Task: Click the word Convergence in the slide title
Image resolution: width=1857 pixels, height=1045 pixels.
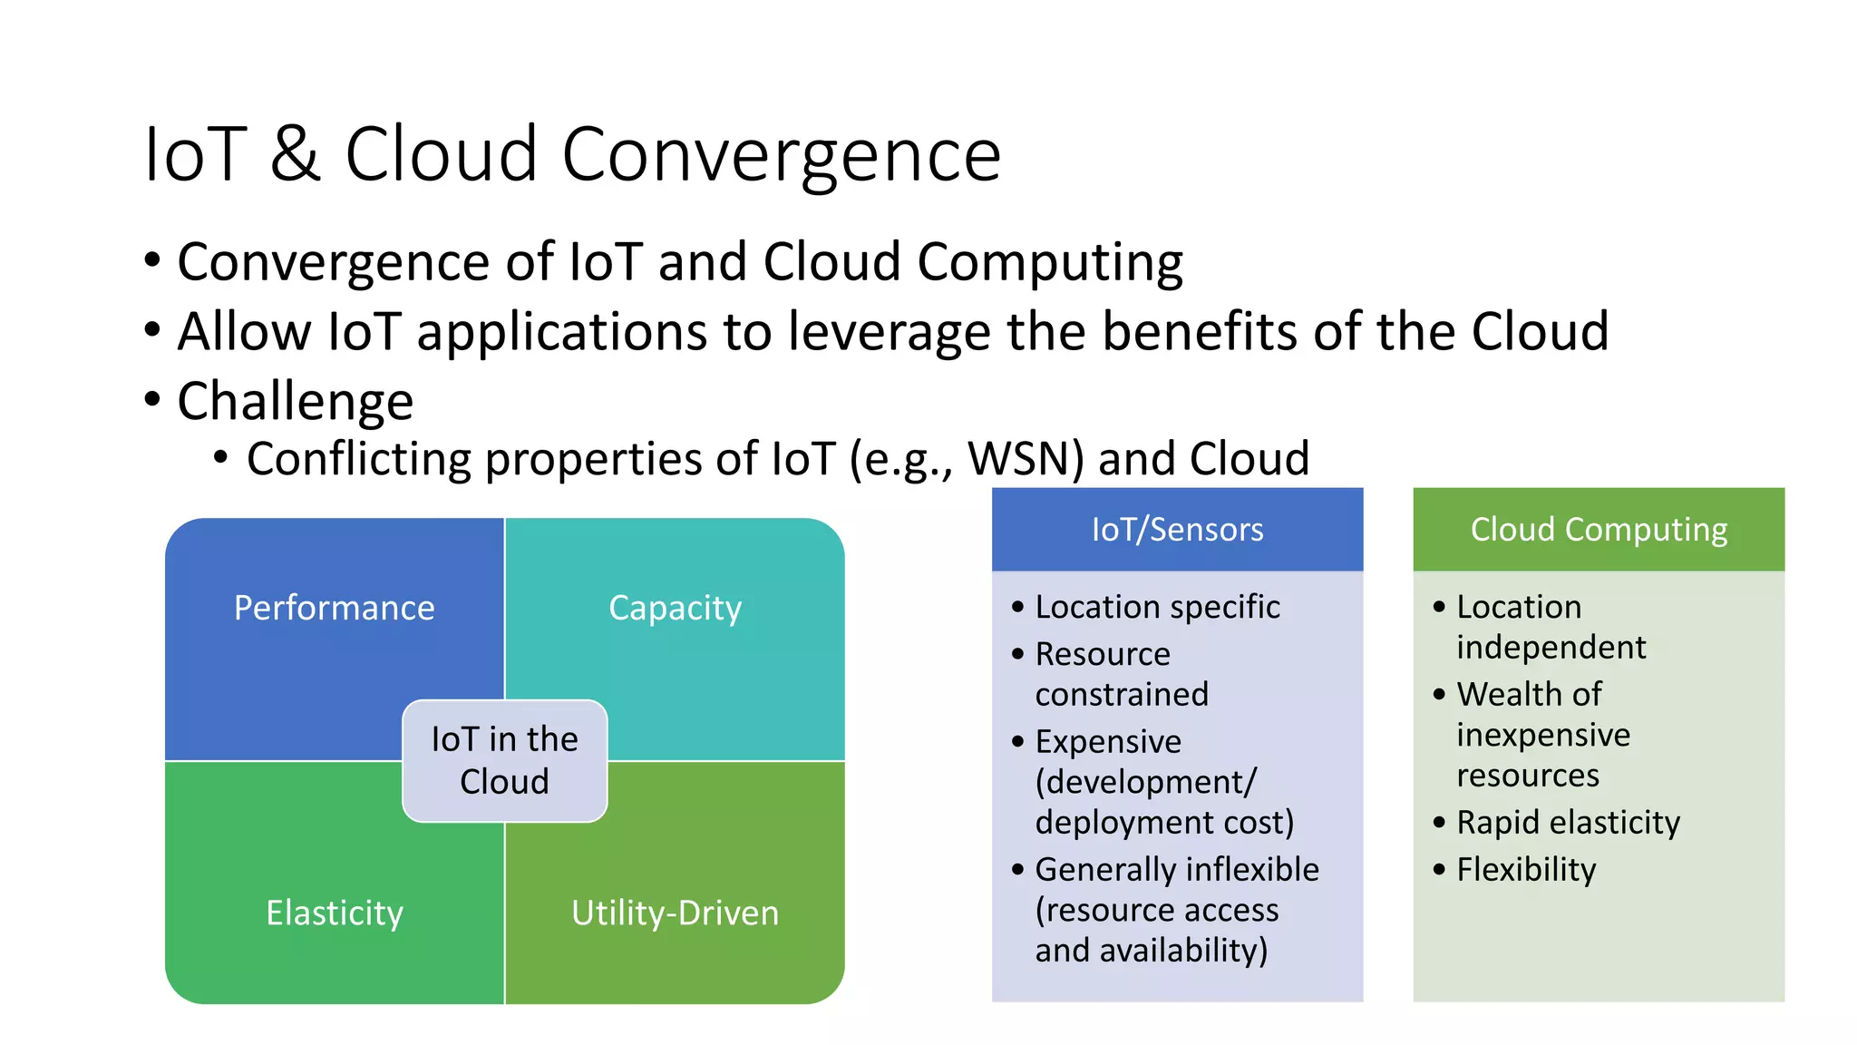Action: pos(781,155)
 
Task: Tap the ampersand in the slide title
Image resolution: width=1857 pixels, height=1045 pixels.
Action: pos(295,155)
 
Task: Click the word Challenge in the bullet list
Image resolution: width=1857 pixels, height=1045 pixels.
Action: pos(295,401)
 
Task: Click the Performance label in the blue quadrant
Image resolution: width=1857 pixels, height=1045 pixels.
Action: pos(334,608)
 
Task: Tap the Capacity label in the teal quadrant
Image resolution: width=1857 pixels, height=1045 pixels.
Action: pos(675,608)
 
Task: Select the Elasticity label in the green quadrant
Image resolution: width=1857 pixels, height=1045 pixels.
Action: pos(334,913)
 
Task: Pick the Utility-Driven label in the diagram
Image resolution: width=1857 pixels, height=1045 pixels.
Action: pos(675,913)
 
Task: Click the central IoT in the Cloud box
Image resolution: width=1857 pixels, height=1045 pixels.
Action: pos(504,761)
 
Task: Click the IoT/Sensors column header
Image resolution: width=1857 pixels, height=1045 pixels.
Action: pos(1177,530)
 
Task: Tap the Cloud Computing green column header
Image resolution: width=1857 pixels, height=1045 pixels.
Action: pos(1599,530)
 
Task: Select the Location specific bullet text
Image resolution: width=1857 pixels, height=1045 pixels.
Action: pos(1157,607)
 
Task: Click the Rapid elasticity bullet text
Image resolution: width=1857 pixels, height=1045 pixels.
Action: pos(1568,823)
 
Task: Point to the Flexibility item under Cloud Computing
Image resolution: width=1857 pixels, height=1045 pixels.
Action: pos(1526,870)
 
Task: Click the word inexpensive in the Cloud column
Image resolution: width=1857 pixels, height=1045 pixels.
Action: pos(1543,735)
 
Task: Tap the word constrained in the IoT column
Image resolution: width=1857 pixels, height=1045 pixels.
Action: pos(1122,695)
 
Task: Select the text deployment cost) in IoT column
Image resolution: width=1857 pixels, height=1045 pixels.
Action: pos(1164,823)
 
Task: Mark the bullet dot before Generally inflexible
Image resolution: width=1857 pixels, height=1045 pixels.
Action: pos(1017,870)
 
